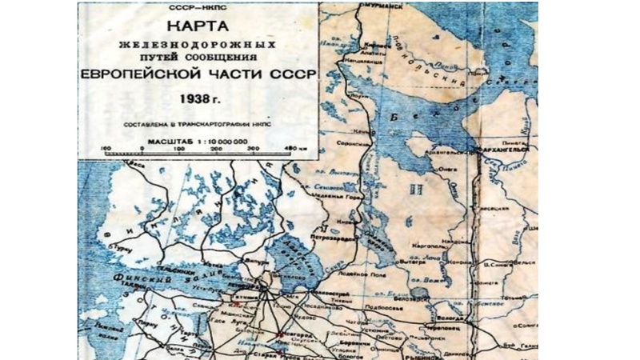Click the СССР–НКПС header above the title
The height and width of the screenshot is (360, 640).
click(x=198, y=7)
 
